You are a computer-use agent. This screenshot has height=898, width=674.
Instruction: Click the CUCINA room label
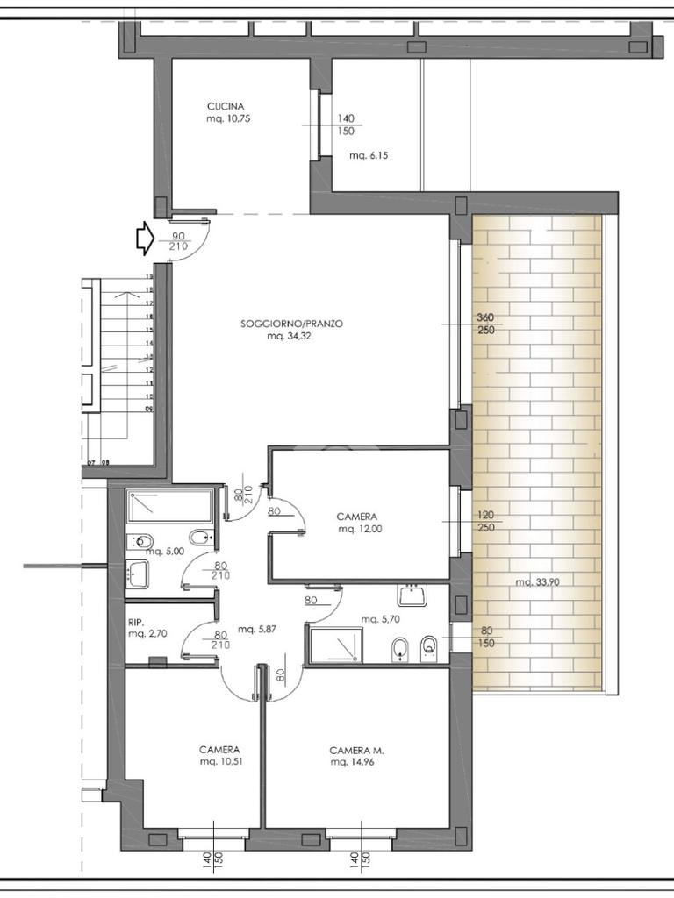(226, 106)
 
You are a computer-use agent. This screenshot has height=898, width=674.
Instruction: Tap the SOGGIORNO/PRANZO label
(291, 324)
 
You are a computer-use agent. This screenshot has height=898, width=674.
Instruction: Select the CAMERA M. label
(356, 751)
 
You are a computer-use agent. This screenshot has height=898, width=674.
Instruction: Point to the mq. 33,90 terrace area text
(537, 582)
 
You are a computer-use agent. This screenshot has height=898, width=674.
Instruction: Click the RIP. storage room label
(136, 622)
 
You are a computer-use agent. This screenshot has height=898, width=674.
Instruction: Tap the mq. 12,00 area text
(360, 529)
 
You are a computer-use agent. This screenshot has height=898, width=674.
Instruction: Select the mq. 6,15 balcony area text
(369, 155)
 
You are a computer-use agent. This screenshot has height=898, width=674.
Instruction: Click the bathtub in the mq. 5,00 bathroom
(170, 506)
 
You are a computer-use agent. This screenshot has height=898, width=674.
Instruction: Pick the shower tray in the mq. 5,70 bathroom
(335, 645)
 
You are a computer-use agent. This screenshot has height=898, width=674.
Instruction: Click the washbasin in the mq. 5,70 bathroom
(412, 595)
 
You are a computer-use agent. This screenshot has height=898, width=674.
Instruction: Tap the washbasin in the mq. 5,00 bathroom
(138, 574)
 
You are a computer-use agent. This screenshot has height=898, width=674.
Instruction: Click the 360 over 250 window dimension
(485, 324)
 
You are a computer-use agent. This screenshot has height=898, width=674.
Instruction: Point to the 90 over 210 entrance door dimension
(179, 241)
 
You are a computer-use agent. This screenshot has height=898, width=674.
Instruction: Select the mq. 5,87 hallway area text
(257, 629)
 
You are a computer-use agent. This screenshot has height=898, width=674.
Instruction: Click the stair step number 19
(149, 276)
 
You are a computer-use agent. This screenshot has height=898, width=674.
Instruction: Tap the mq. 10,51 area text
(220, 762)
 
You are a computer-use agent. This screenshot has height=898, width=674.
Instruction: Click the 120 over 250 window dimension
(485, 521)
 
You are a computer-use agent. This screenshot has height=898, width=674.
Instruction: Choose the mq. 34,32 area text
(289, 336)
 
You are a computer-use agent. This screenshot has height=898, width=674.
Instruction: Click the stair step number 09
(149, 410)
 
